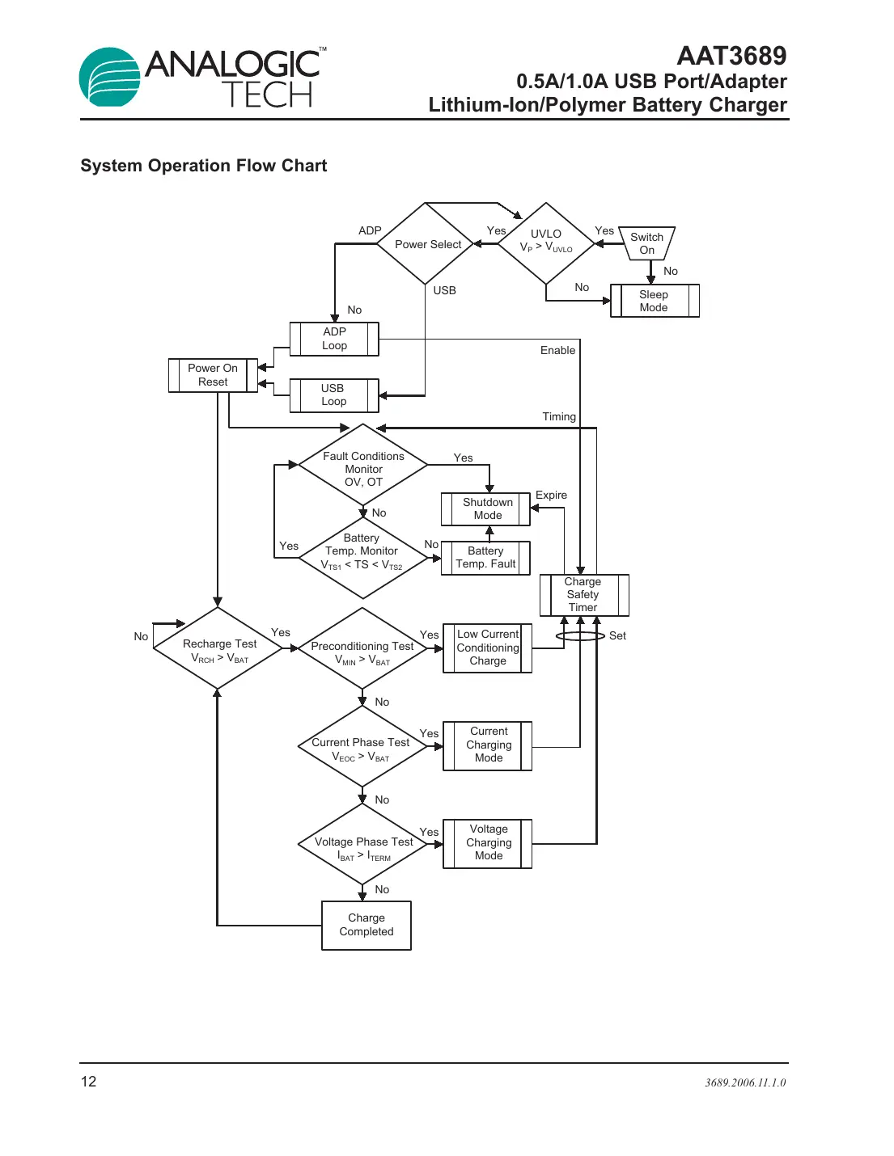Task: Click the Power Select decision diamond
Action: (x=426, y=243)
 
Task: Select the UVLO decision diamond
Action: (x=546, y=243)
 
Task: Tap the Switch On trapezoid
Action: (x=646, y=243)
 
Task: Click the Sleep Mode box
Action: (x=654, y=301)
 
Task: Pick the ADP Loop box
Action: (x=334, y=339)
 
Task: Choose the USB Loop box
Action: (x=333, y=394)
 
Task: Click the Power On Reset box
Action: (x=213, y=375)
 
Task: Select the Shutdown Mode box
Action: (x=487, y=508)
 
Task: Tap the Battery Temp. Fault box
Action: (x=485, y=558)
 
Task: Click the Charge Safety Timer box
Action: (x=583, y=594)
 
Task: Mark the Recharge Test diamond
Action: (x=218, y=649)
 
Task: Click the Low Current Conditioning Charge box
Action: (x=488, y=648)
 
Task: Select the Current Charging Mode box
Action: (x=488, y=745)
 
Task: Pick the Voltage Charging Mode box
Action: (x=488, y=842)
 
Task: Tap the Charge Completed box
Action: (x=366, y=925)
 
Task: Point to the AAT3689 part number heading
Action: (x=731, y=56)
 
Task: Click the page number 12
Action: (x=88, y=1082)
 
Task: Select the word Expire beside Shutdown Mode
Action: (x=551, y=495)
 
